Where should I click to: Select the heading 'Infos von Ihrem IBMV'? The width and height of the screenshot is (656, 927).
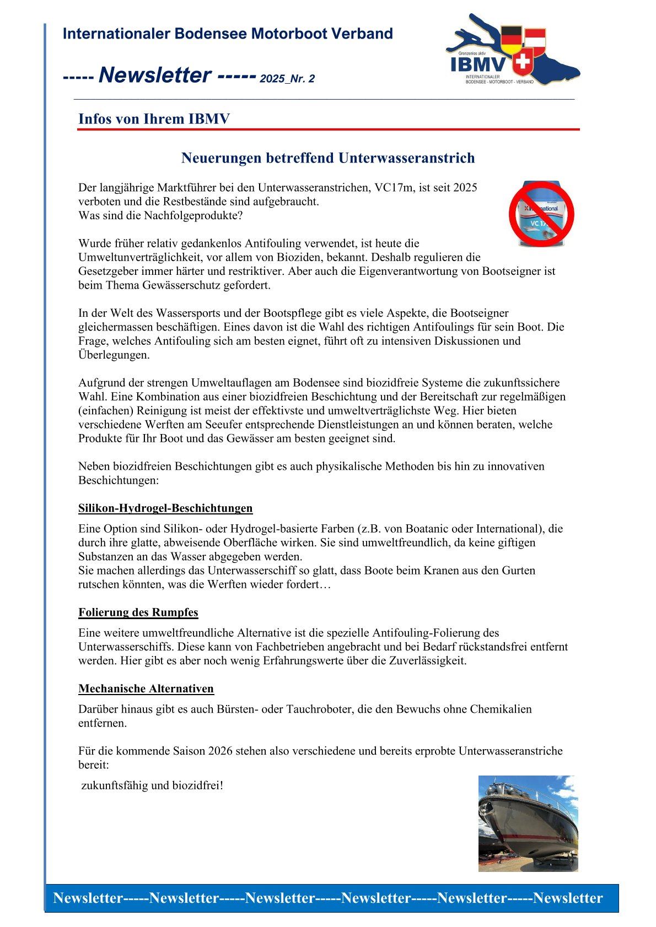click(x=154, y=119)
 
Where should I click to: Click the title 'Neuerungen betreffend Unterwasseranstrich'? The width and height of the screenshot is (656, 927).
click(x=328, y=158)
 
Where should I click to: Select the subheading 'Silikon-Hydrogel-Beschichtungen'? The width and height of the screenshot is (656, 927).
click(x=165, y=508)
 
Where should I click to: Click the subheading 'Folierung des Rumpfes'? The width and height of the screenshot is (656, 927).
click(x=138, y=612)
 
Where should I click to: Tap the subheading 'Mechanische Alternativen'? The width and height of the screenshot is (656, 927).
click(x=146, y=689)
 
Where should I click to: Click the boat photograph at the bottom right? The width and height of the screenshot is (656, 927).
click(x=528, y=823)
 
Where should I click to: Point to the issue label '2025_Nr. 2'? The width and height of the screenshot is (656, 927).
click(x=287, y=79)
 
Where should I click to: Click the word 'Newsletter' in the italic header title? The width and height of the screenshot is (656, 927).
click(x=155, y=75)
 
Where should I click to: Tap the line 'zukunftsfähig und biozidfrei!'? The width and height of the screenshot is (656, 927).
click(x=152, y=785)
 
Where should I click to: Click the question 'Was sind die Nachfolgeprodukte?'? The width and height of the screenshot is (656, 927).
click(x=160, y=215)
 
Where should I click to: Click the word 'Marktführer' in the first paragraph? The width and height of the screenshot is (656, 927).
click(x=187, y=187)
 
